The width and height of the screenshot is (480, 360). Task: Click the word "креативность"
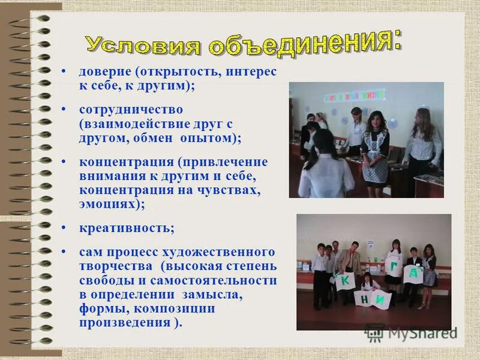point(127,228)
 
